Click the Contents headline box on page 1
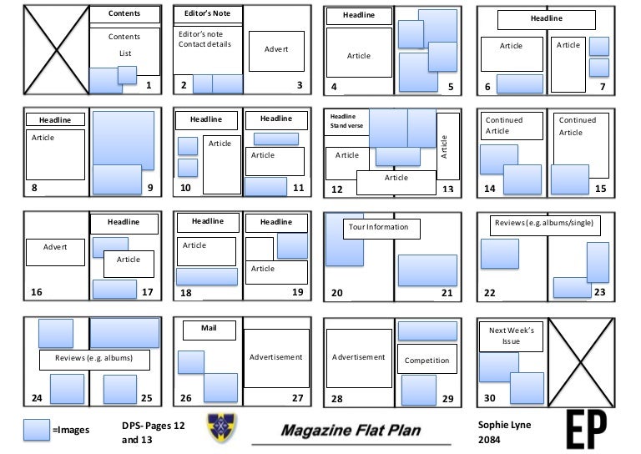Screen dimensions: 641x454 pyautogui.click(x=124, y=14)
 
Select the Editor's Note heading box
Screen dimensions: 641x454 pyautogui.click(x=207, y=14)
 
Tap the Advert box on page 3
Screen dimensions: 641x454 pyautogui.click(x=276, y=49)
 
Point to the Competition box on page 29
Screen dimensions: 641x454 pyautogui.click(x=426, y=361)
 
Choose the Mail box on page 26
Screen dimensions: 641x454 pyautogui.click(x=208, y=328)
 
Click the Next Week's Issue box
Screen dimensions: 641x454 pyautogui.click(x=511, y=336)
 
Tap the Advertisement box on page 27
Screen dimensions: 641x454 pyautogui.click(x=275, y=357)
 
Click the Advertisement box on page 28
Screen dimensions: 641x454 pyautogui.click(x=359, y=357)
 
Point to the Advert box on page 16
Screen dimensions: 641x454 pyautogui.click(x=56, y=247)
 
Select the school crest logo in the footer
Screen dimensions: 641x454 pyautogui.click(x=221, y=427)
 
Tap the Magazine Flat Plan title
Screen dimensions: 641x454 pyautogui.click(x=351, y=431)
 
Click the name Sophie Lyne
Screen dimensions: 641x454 pyautogui.click(x=504, y=425)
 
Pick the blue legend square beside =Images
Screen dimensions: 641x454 pyautogui.click(x=37, y=429)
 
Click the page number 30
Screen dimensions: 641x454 pyautogui.click(x=490, y=398)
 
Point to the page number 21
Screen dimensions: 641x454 pyautogui.click(x=447, y=293)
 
